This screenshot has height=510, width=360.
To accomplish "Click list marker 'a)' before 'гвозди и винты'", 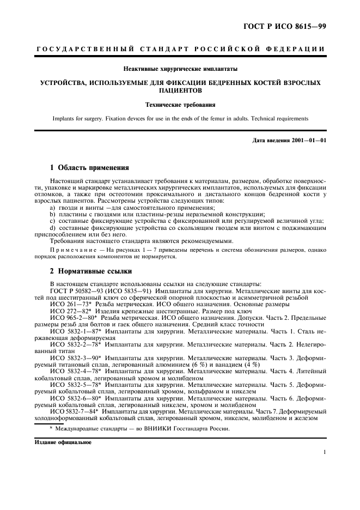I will click(53, 208).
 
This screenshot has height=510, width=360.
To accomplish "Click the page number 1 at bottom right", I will click(324, 452).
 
